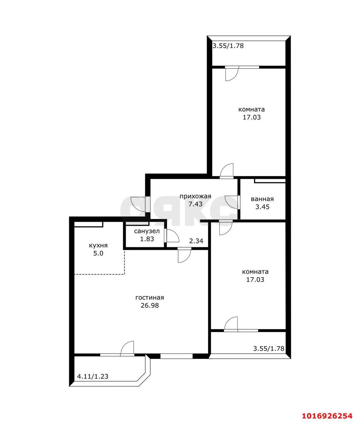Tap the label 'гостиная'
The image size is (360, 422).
[x=150, y=297]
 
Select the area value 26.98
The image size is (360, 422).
[x=150, y=305]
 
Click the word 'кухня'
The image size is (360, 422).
[x=98, y=245]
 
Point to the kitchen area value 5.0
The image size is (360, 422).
[x=98, y=253]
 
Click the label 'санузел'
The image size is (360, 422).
[x=147, y=231]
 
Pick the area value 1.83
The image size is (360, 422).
[x=147, y=239]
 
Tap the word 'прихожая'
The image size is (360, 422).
[x=195, y=196]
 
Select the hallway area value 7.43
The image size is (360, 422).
[x=195, y=204]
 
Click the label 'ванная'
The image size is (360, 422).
[x=262, y=199]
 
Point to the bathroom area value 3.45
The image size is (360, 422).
[x=263, y=207]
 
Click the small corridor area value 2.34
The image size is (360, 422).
[x=196, y=241]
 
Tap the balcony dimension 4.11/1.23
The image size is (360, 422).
[x=93, y=376]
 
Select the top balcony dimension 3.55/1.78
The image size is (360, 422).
[x=228, y=46]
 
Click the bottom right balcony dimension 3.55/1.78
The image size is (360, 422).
[x=269, y=348]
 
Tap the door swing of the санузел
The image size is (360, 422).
[x=173, y=236]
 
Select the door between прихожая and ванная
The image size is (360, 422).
[x=231, y=202]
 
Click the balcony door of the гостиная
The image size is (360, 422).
[x=127, y=348]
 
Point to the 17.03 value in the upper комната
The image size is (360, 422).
[x=252, y=117]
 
